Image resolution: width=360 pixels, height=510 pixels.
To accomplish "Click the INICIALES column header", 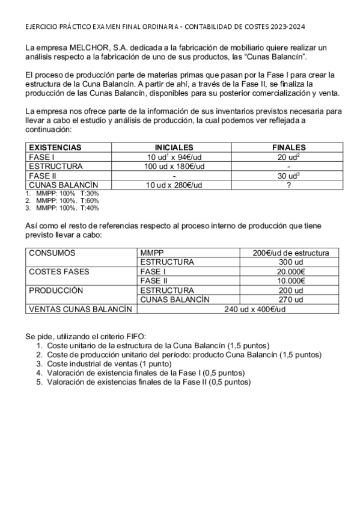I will (174, 147).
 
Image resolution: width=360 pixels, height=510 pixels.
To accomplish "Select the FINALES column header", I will (288, 147).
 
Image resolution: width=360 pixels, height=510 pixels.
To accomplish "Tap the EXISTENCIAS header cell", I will (55, 147).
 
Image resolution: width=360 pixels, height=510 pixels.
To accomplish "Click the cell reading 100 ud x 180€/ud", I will (174, 166).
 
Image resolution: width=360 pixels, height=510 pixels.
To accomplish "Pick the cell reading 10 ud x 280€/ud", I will (174, 185).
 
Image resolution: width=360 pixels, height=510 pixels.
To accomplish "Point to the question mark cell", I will (288, 185).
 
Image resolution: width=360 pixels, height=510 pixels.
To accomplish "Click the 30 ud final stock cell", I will (288, 175).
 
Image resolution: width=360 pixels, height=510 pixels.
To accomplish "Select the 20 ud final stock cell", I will (288, 156).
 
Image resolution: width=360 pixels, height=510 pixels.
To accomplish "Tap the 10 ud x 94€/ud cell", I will (174, 156).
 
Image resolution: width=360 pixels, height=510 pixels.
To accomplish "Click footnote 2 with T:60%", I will (63, 201).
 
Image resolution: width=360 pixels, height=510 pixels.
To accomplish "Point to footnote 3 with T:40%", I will (63, 208).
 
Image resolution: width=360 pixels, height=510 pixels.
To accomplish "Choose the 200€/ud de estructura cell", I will (291, 253).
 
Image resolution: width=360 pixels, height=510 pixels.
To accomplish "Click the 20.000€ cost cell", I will (291, 272).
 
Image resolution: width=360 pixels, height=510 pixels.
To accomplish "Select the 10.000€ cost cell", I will (291, 281).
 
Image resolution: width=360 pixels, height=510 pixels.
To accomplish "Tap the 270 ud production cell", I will (291, 300).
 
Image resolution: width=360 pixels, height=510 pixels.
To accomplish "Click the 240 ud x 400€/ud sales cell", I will (239, 309).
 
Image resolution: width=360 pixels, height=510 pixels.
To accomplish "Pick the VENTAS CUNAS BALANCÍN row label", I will (80, 309).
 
